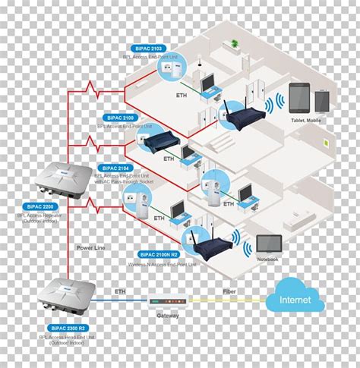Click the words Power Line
(90, 248)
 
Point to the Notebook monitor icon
(269, 244)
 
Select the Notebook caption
(267, 259)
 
